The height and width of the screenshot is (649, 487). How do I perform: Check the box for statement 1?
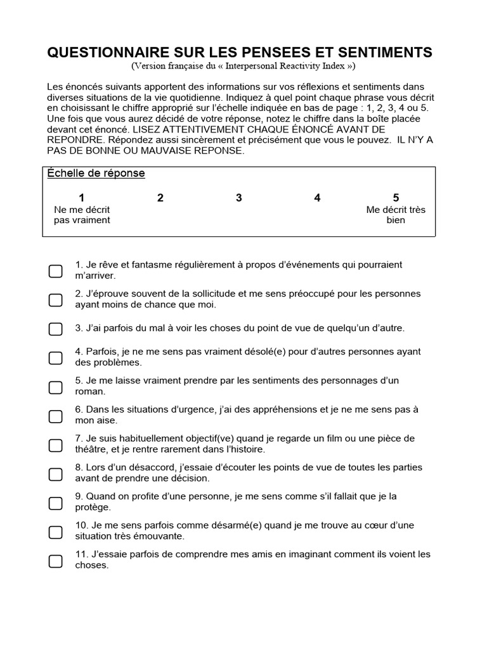point(56,271)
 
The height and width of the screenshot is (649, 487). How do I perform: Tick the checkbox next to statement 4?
point(56,357)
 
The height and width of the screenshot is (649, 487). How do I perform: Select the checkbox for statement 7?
point(56,444)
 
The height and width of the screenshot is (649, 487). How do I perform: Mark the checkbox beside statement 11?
point(56,560)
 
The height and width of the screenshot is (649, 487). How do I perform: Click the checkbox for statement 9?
point(56,503)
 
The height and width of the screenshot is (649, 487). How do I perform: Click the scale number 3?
point(239,198)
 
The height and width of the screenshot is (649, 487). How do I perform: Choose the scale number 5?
point(396,198)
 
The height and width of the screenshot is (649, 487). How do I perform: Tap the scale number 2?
point(160,198)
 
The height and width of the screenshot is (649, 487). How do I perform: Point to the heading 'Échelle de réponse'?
point(96,174)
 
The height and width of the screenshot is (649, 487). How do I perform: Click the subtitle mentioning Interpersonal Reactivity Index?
point(243,67)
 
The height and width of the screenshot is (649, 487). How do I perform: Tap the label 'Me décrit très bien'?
point(396,215)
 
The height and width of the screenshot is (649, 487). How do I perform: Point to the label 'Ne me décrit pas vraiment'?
point(82,215)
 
